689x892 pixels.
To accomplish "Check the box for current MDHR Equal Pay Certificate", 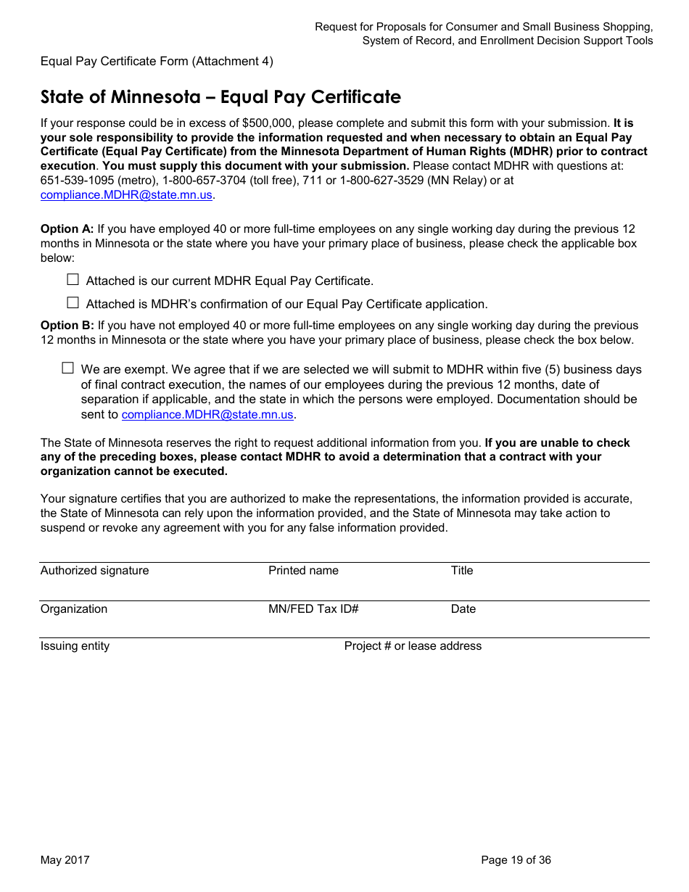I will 73,280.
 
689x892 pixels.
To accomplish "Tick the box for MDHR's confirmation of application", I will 73,303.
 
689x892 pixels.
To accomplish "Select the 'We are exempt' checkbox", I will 67,368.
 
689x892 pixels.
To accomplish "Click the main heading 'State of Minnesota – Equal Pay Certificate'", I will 220,97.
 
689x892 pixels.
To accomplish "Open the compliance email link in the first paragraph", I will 126,195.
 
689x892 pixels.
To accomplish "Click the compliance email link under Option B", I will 207,415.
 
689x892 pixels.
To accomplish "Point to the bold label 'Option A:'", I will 67,229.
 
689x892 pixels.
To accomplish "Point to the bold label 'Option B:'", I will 67,326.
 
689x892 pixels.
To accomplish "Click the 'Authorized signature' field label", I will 94,571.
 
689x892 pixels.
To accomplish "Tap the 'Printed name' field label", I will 303,571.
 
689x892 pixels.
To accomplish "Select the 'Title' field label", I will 461,571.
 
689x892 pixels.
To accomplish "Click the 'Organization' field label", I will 73,609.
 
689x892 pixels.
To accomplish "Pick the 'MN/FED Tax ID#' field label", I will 313,609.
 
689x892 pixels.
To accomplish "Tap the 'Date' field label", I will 463,609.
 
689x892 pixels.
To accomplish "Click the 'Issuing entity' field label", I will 75,646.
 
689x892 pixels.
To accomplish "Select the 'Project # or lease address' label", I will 413,646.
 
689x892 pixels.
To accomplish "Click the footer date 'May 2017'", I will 65,860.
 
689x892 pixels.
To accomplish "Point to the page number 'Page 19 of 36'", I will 516,860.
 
